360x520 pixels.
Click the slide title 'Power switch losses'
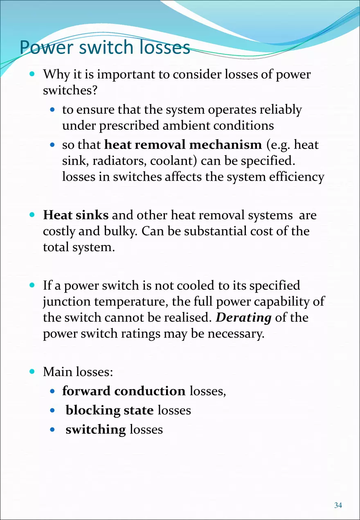point(105,47)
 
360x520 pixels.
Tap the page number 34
point(338,506)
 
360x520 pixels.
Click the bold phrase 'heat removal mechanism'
point(183,145)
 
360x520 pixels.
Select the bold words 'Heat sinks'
point(76,215)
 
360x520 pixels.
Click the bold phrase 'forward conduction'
point(124,391)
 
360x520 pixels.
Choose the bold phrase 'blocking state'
point(110,410)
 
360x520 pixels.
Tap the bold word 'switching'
point(95,429)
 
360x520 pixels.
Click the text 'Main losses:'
point(78,372)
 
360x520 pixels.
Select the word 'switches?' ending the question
point(70,90)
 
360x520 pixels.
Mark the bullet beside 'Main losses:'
point(32,372)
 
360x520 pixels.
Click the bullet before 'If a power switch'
point(32,285)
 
